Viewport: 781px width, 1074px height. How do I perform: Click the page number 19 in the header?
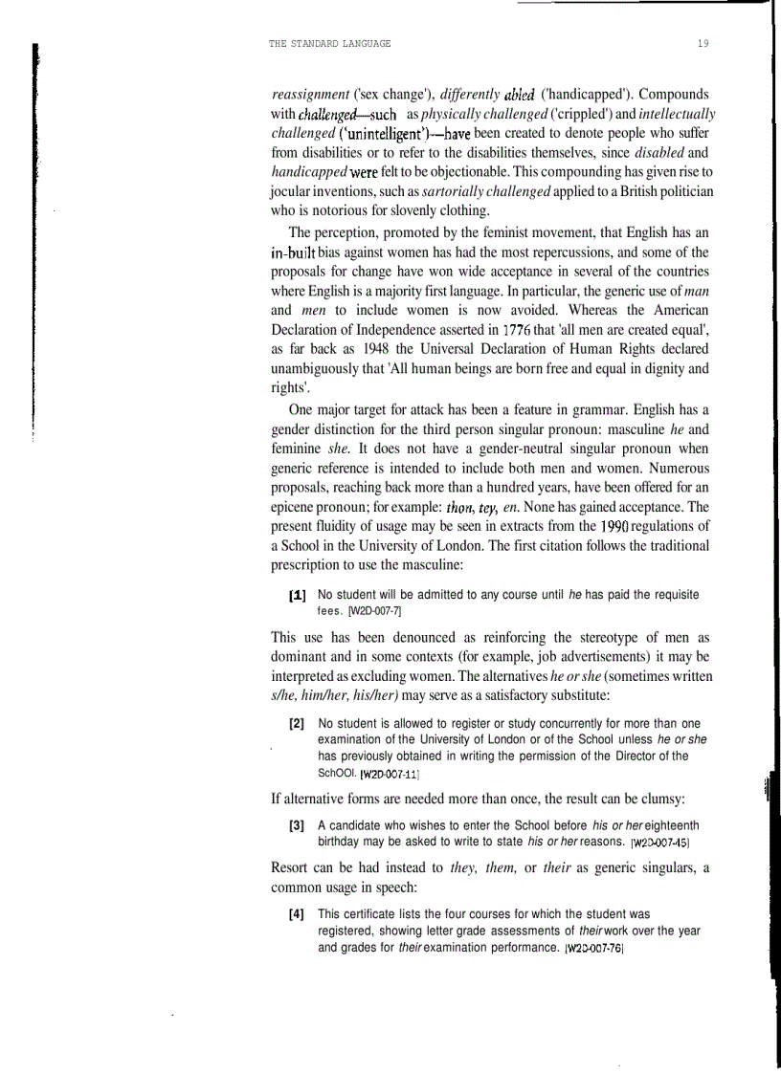point(703,44)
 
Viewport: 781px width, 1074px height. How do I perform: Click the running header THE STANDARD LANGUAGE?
point(331,44)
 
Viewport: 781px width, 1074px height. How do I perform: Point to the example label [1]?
point(298,594)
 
